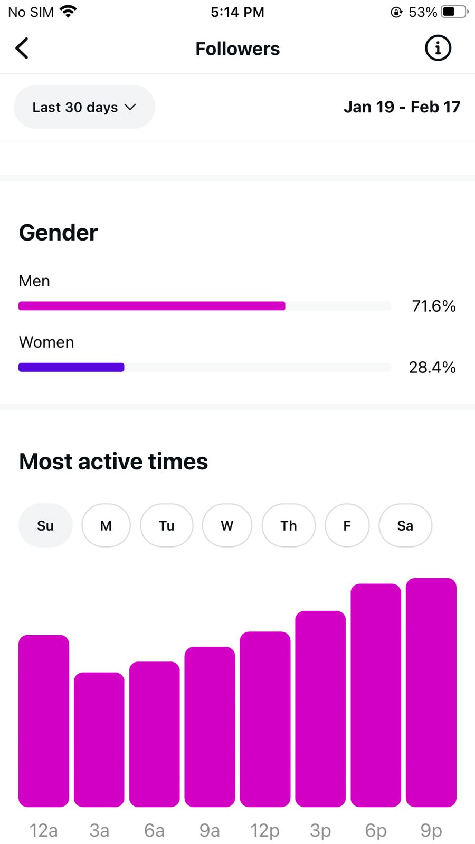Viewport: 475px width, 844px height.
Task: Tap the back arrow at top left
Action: click(22, 49)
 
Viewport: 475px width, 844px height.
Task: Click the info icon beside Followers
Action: click(438, 49)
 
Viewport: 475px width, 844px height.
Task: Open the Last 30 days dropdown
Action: click(84, 107)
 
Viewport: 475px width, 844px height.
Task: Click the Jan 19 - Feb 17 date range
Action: click(402, 107)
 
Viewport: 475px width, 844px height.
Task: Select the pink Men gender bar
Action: click(152, 306)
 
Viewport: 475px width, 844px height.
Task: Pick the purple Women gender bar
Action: click(71, 367)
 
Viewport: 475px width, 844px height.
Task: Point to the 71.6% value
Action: click(433, 306)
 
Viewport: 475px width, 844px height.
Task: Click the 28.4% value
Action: click(432, 367)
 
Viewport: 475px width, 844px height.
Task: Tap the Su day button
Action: click(45, 525)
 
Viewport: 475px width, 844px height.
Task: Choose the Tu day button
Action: click(166, 525)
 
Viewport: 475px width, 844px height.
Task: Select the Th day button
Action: click(288, 525)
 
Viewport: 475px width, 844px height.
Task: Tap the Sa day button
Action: click(405, 525)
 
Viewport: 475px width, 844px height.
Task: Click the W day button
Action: click(227, 525)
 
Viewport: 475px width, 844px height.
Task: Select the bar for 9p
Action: click(431, 692)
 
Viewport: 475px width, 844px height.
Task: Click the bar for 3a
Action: click(99, 740)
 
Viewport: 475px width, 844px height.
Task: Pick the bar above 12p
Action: click(265, 719)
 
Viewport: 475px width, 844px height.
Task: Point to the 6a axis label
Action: click(154, 830)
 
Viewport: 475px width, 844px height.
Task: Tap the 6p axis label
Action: click(376, 830)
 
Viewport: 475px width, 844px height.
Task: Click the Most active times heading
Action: click(113, 462)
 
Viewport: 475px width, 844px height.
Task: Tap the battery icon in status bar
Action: click(454, 12)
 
